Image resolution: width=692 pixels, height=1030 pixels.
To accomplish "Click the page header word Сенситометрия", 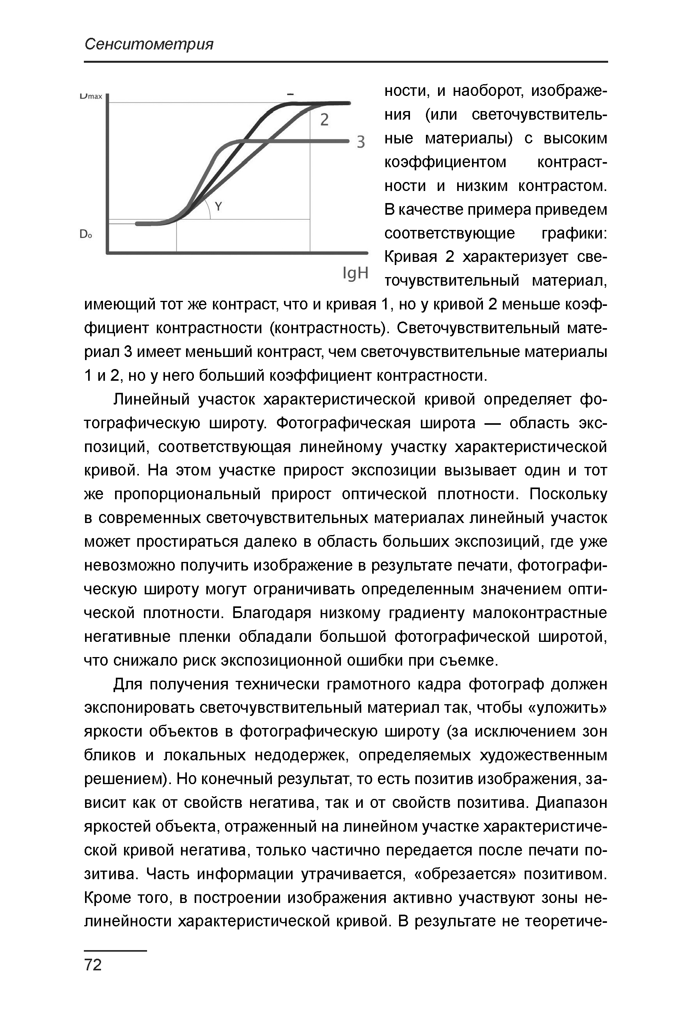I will click(x=149, y=44).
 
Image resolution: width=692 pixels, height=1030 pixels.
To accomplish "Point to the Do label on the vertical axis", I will click(x=85, y=235).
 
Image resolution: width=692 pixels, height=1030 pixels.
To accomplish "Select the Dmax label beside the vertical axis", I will click(x=91, y=96).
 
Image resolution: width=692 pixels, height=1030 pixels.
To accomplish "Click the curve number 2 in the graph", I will click(x=325, y=120).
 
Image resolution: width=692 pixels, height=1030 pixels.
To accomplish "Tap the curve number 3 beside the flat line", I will click(x=361, y=142).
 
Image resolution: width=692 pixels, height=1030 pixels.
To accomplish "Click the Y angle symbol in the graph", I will click(x=218, y=206).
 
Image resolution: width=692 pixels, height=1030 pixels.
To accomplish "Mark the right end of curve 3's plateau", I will click(x=348, y=141).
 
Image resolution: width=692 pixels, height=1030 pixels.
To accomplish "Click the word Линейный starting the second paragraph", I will click(x=151, y=399).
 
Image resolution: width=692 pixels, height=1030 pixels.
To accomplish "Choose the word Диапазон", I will click(x=571, y=803).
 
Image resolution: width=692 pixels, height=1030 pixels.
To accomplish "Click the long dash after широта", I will click(x=493, y=423).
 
